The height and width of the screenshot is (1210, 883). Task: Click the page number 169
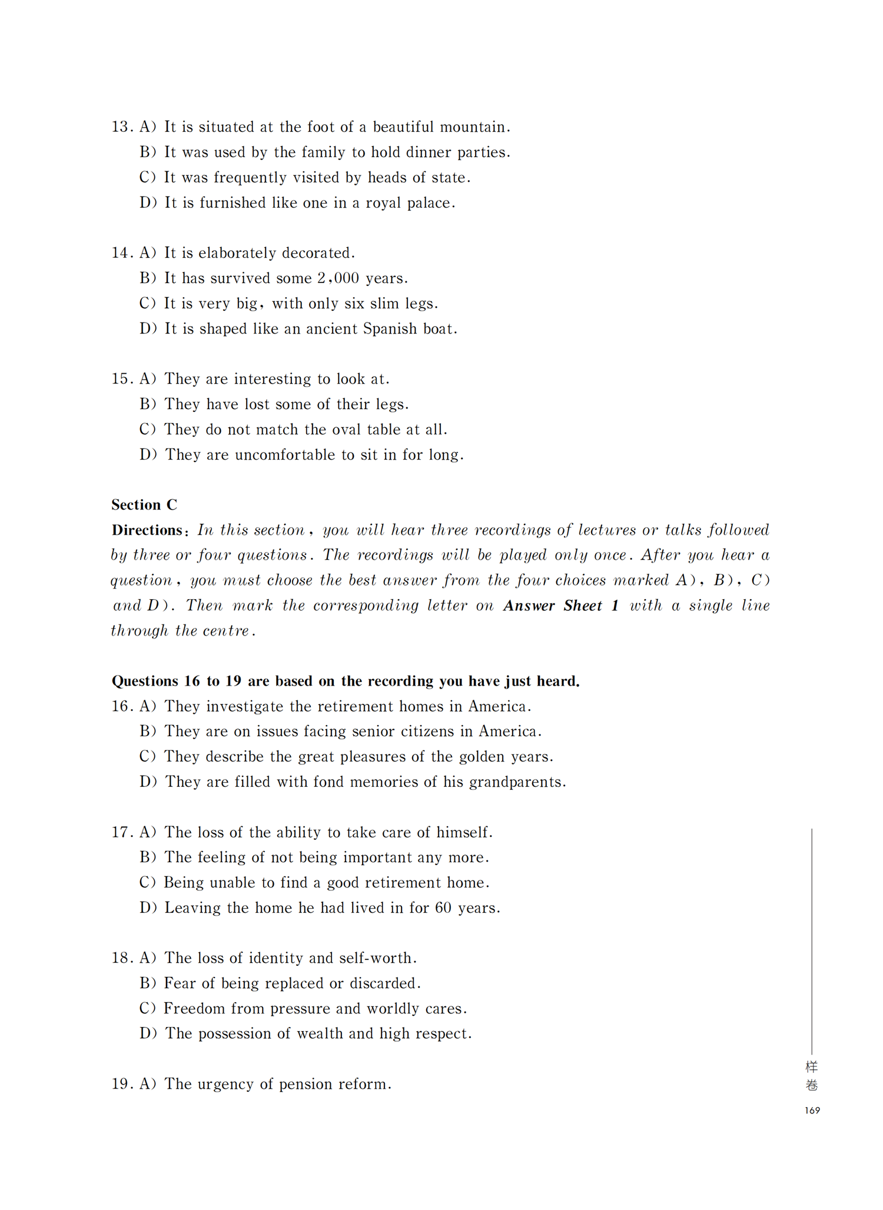pos(812,1111)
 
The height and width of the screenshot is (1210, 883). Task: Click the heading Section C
pos(144,505)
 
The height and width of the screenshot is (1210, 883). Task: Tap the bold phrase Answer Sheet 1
pos(561,606)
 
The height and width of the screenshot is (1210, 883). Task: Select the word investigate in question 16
pos(244,706)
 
